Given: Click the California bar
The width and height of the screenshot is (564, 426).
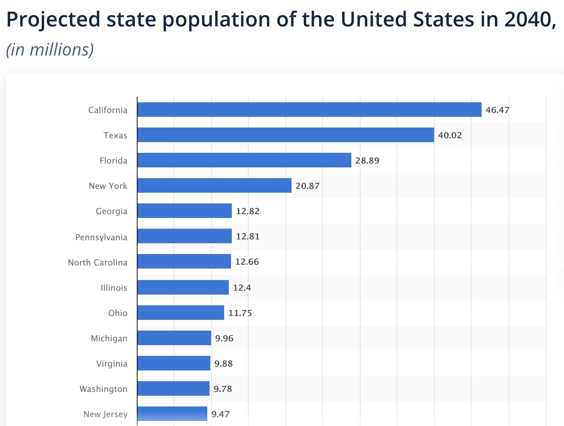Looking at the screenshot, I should point(309,110).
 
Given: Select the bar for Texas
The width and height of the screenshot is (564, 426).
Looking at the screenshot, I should point(285,135).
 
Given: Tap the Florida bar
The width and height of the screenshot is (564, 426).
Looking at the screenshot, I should point(244,160).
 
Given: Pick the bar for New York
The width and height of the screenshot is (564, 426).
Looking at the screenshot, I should point(214,185).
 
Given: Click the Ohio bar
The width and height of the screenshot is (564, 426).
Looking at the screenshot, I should point(180,313).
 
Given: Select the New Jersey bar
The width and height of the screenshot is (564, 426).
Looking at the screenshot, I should point(172,414).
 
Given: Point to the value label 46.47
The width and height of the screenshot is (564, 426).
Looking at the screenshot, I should point(497,110).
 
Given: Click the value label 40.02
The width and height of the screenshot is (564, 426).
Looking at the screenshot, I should point(450,135).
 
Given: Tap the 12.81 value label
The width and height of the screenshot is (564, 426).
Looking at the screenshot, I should point(248,236).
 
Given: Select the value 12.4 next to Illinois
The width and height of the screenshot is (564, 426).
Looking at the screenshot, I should point(242,288).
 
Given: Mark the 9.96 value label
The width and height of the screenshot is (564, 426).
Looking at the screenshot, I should point(224,338).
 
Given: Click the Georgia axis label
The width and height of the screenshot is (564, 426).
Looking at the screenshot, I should point(111,211).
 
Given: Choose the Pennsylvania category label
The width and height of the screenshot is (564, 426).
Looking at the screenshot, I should point(101,237).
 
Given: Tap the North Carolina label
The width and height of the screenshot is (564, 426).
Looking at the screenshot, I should point(97,262).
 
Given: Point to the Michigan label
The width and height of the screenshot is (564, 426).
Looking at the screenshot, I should point(109,338).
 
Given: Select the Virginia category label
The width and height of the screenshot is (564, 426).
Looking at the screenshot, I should point(111,364).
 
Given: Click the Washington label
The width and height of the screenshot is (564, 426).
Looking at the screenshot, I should point(103,389).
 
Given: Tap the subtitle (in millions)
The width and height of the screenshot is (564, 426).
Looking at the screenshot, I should point(50,50).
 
